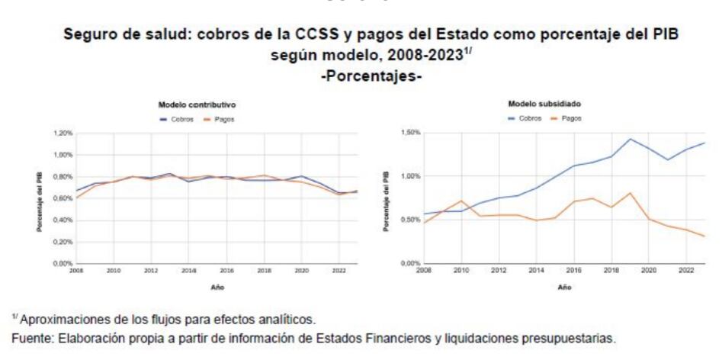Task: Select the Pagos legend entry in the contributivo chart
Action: click(x=221, y=119)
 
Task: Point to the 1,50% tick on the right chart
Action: click(x=411, y=133)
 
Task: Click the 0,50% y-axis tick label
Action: click(x=411, y=220)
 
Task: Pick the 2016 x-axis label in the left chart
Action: click(x=226, y=271)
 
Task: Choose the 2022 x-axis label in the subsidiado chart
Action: click(x=686, y=271)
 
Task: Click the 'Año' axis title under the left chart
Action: click(x=217, y=288)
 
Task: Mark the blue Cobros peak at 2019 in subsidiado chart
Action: click(x=631, y=139)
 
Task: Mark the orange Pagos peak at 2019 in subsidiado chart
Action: click(x=631, y=193)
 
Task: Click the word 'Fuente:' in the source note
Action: click(x=28, y=336)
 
